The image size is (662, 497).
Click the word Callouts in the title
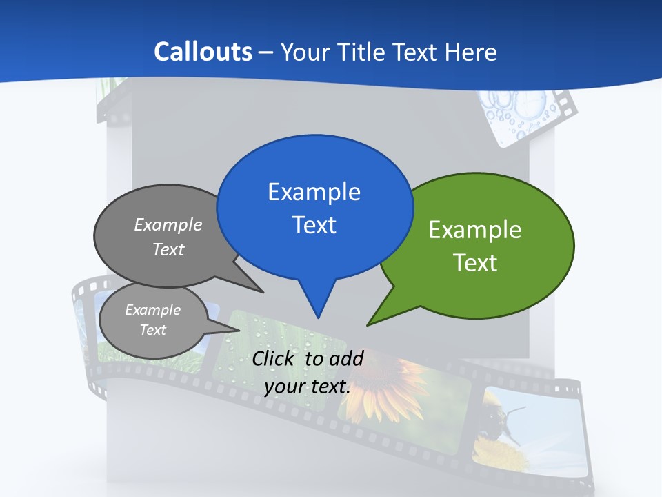[x=203, y=52]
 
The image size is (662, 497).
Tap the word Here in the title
[x=471, y=52]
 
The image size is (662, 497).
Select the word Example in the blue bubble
[x=314, y=192]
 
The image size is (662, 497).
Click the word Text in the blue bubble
[x=314, y=225]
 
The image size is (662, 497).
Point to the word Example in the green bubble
[x=475, y=230]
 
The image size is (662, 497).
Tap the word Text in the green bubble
[x=475, y=263]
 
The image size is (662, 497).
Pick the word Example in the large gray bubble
[x=168, y=225]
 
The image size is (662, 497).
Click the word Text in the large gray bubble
[x=168, y=249]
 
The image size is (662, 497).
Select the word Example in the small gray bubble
[x=152, y=310]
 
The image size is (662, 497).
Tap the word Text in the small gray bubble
[x=152, y=330]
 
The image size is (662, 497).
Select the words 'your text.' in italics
[x=308, y=387]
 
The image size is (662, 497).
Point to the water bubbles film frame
[x=521, y=114]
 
